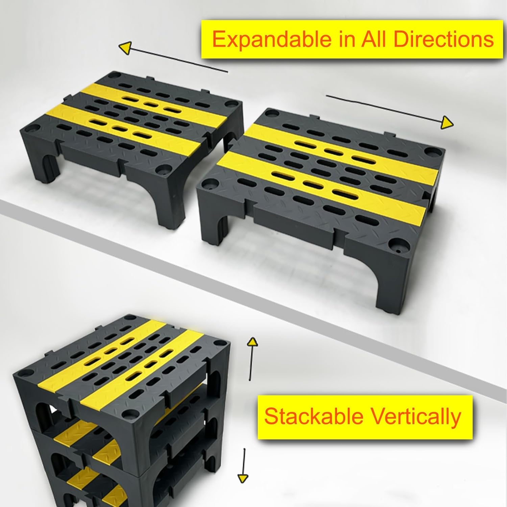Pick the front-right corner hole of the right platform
coord(396,243)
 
